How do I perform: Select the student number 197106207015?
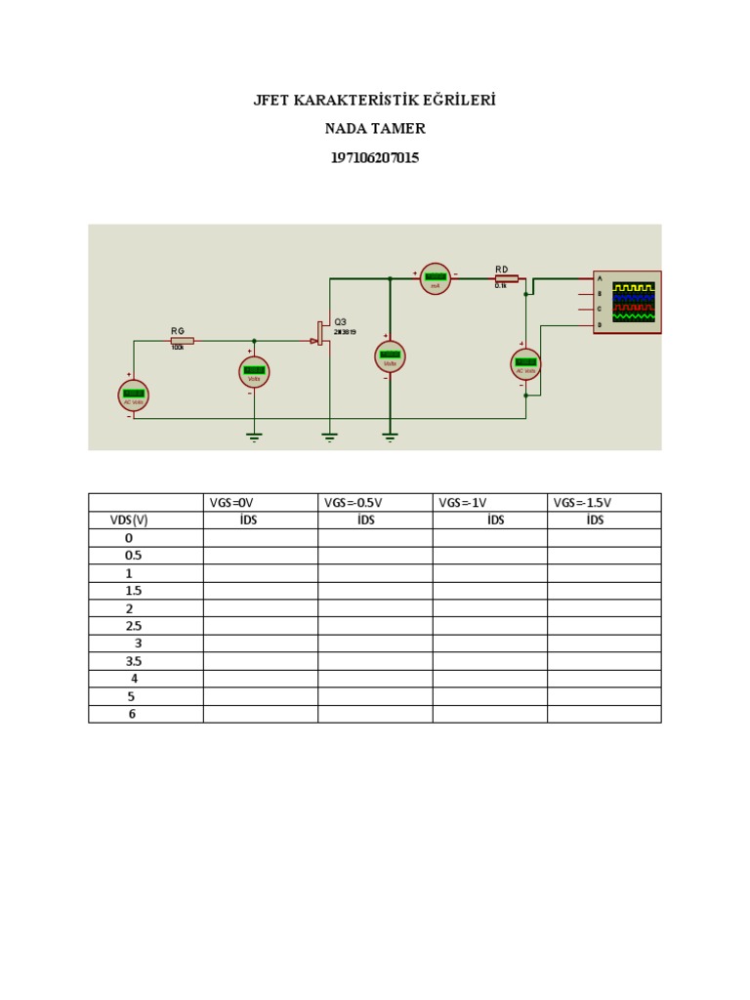point(375,157)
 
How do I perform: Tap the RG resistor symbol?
point(182,341)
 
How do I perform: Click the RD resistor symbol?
point(506,278)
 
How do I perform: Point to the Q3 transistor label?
point(340,322)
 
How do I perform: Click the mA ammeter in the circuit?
point(436,278)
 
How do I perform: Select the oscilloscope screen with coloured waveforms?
point(633,303)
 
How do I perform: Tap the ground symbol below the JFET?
point(329,437)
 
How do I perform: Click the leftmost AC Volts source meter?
point(134,395)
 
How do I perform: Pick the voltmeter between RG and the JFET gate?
point(254,371)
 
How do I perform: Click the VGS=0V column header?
point(230,502)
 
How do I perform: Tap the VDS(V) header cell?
point(129,521)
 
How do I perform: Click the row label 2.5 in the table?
point(134,626)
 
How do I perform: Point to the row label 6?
point(132,714)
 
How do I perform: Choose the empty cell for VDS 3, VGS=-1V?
point(489,644)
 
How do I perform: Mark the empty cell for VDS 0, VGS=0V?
point(260,538)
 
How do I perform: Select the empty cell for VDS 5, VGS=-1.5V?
point(604,696)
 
